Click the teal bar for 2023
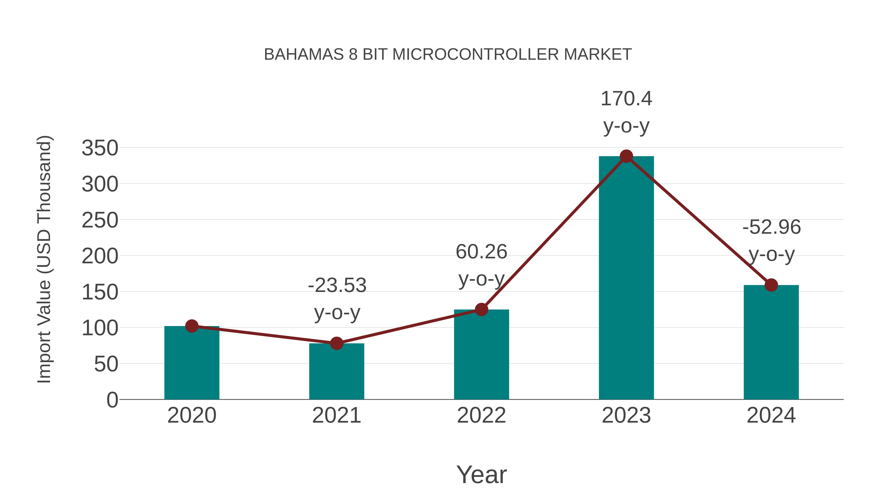coord(626,278)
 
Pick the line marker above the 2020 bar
coord(192,326)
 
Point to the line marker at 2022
coord(481,309)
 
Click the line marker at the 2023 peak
coord(626,157)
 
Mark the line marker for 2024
coord(771,285)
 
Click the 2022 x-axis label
coord(481,415)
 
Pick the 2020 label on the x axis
coord(192,415)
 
